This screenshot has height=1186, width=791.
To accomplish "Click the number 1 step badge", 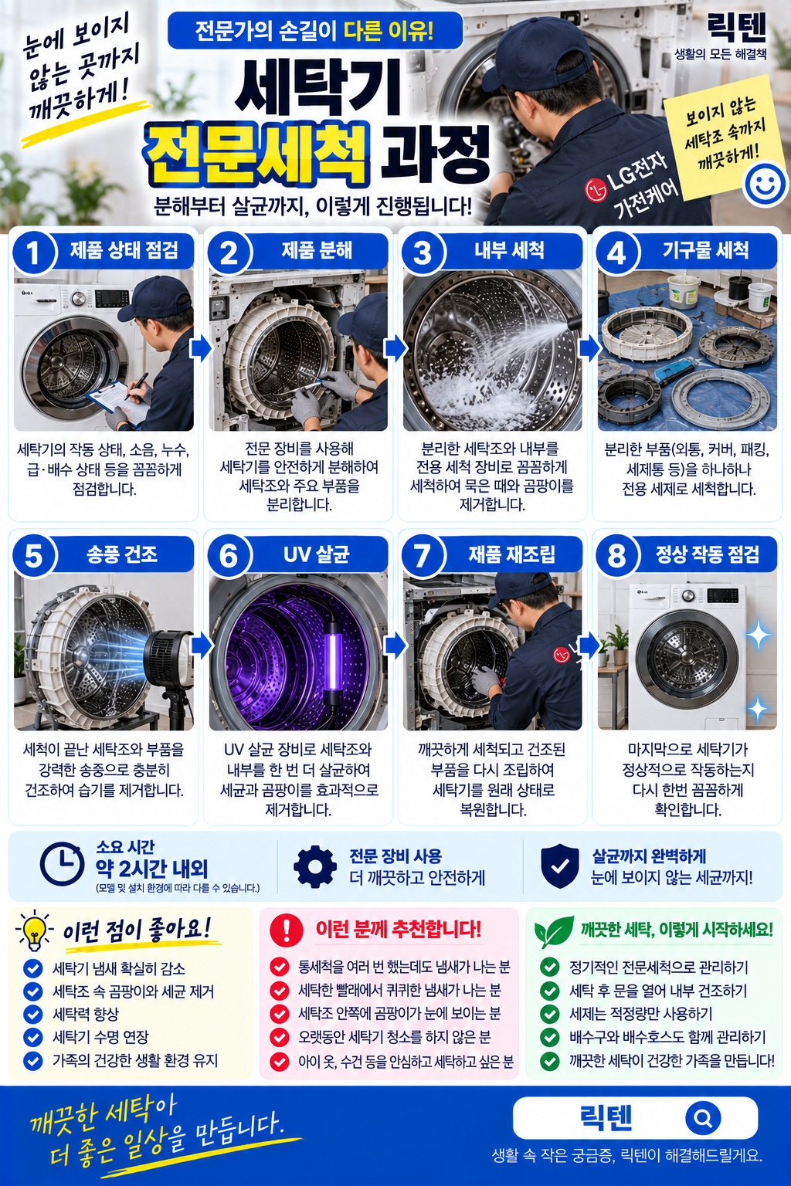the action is click(x=33, y=252).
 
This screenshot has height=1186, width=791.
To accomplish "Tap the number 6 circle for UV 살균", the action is click(x=229, y=556).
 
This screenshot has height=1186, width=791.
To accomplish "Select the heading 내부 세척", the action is click(x=509, y=250).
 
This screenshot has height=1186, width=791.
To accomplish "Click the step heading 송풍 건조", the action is click(x=122, y=554).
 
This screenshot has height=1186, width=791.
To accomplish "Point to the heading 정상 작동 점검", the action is click(x=708, y=554).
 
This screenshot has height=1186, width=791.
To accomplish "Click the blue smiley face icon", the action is click(x=765, y=184).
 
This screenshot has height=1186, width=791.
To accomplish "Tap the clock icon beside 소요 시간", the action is click(x=62, y=863).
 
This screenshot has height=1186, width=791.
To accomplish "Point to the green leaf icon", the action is click(x=553, y=930).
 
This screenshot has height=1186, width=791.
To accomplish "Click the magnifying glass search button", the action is click(x=702, y=1118).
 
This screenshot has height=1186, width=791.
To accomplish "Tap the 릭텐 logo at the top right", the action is click(x=736, y=28).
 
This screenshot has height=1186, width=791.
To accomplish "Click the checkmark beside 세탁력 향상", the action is click(x=33, y=1013).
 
